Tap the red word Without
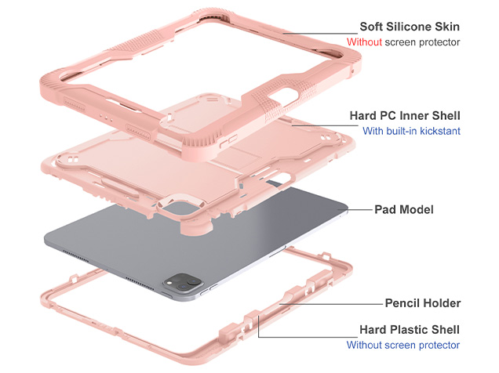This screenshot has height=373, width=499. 366,42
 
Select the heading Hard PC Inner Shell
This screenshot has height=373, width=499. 405,115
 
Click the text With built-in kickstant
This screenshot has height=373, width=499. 411,132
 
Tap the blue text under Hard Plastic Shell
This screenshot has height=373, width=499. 403,346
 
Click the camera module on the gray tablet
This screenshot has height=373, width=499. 185,283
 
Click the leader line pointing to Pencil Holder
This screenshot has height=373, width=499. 330,302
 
